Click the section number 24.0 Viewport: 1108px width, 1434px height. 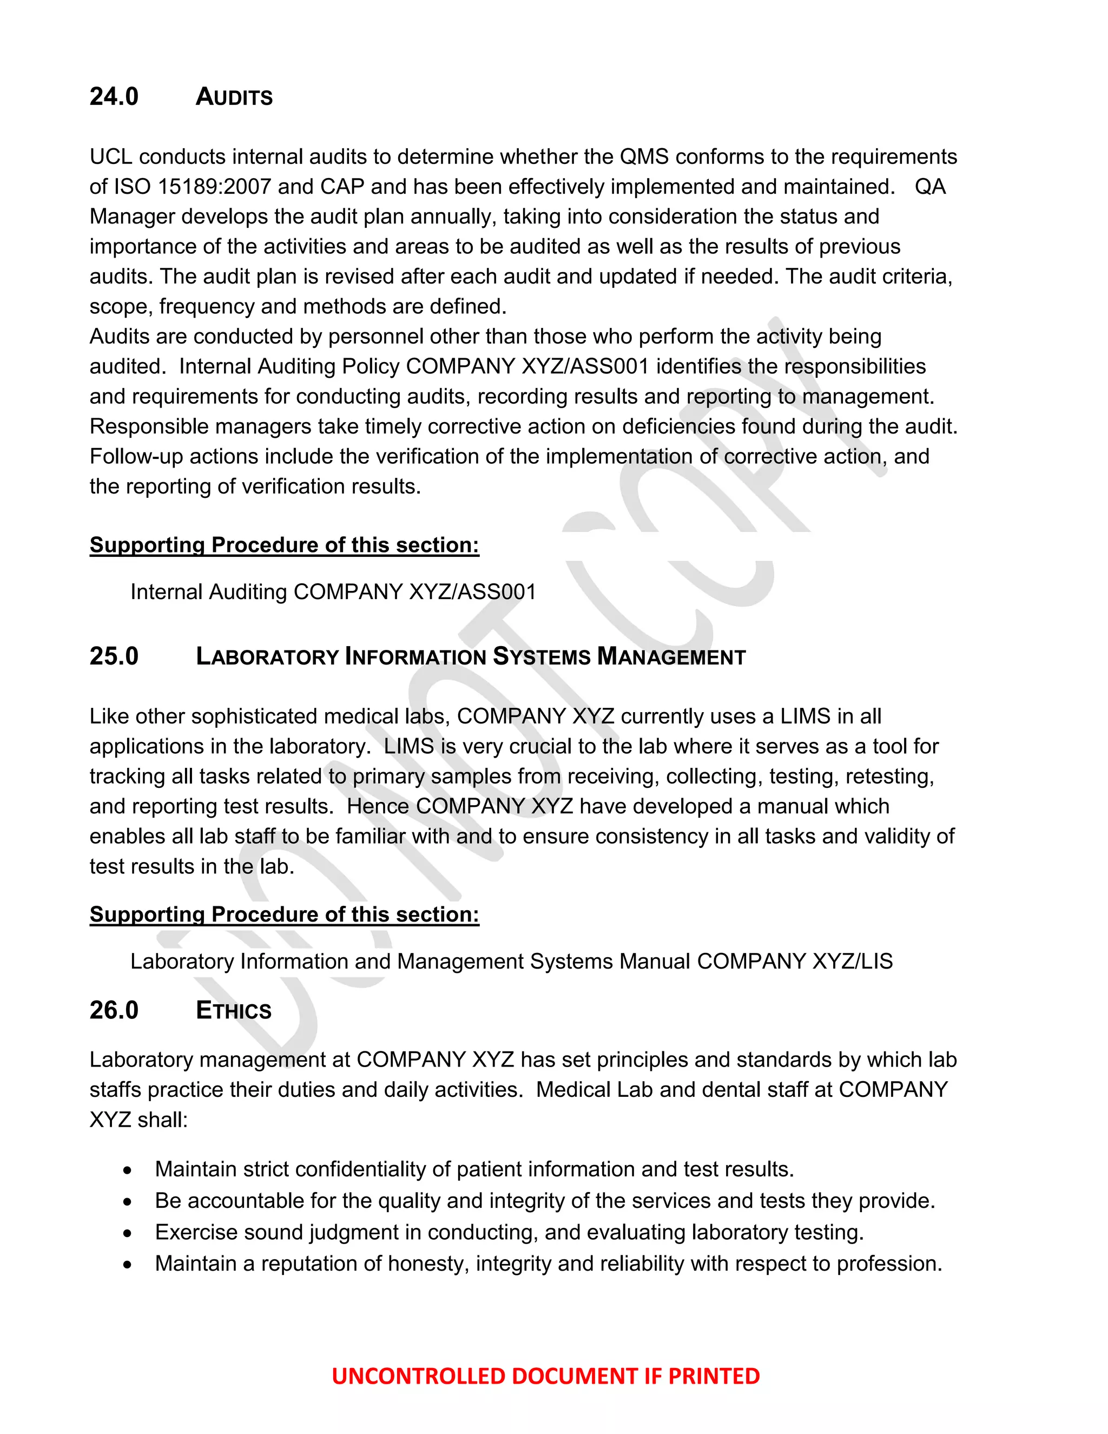(114, 96)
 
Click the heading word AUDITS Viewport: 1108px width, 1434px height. (234, 97)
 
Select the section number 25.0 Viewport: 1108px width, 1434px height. (114, 656)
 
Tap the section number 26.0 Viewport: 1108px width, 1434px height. (114, 1010)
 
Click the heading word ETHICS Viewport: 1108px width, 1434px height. (233, 1010)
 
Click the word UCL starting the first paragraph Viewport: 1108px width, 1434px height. (110, 157)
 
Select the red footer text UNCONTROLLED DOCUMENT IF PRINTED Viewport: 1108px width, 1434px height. (545, 1376)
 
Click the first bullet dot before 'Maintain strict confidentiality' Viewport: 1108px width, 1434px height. (127, 1170)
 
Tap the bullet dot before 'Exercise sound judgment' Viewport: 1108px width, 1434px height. (127, 1234)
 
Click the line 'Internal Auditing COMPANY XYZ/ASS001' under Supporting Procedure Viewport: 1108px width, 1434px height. (333, 591)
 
